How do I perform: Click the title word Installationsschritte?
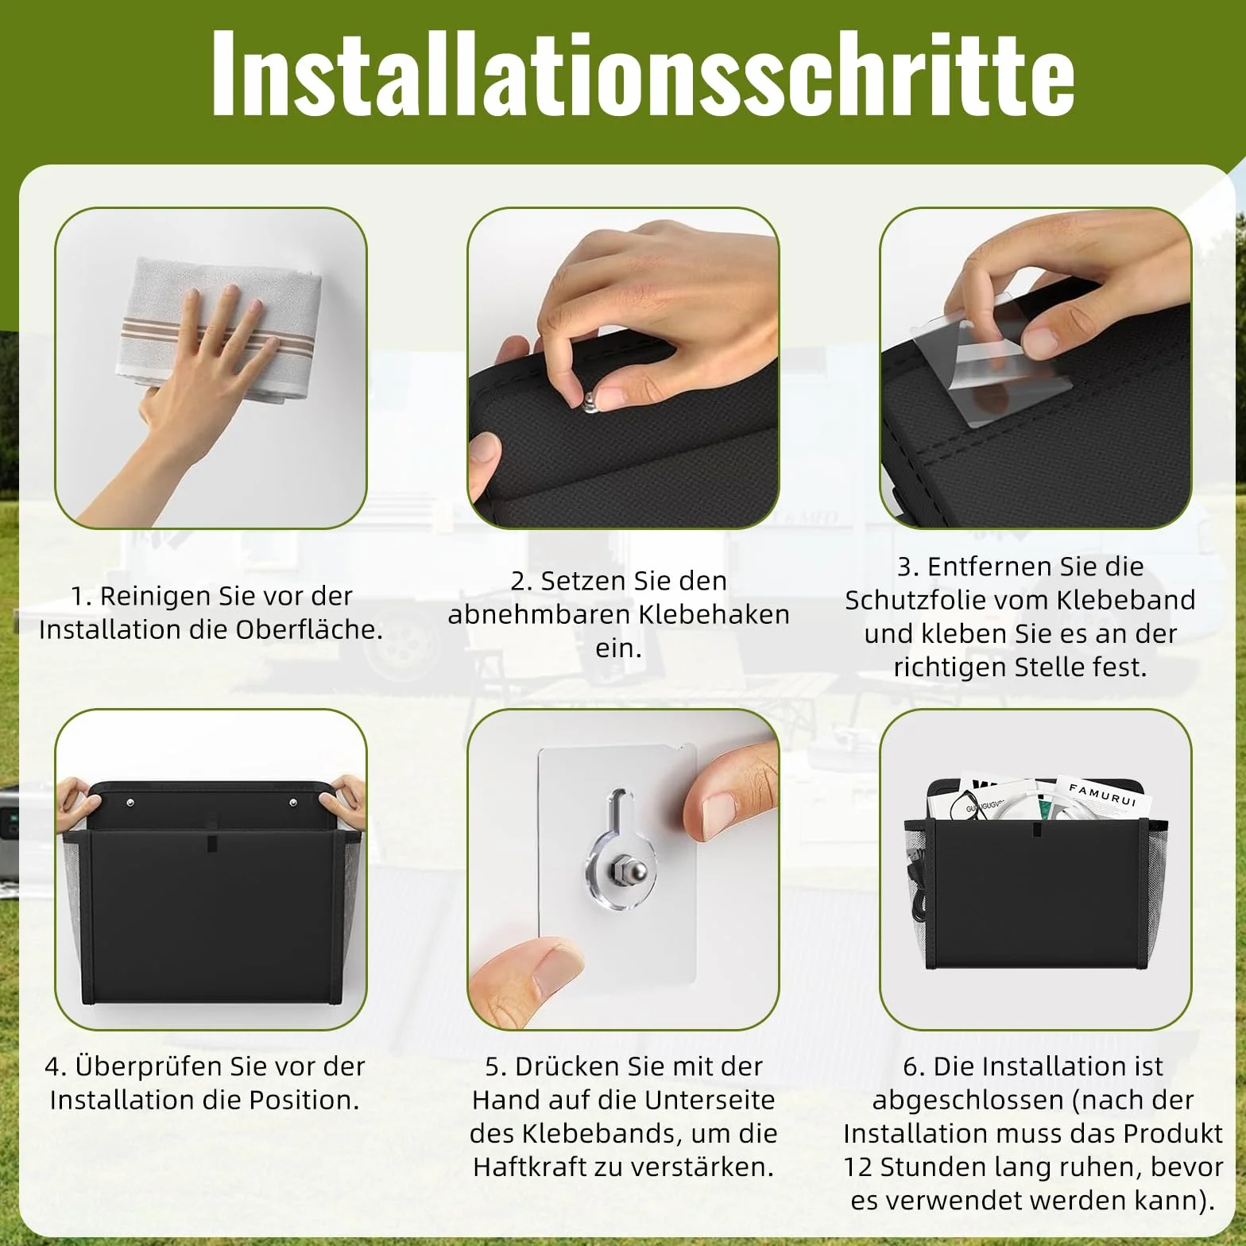[x=643, y=73]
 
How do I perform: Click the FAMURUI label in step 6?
[x=1102, y=795]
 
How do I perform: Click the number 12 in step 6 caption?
[x=858, y=1167]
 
